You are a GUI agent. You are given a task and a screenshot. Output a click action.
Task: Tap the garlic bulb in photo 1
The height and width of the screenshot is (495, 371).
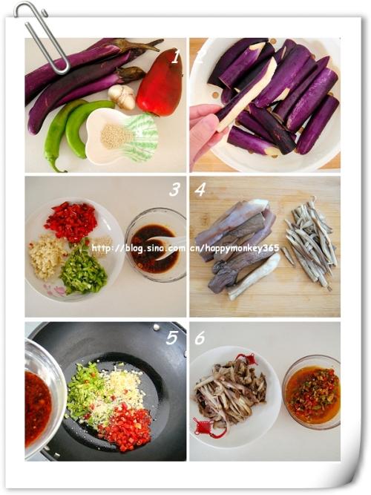(122, 96)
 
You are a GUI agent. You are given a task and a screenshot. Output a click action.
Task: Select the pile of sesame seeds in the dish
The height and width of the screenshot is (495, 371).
(116, 137)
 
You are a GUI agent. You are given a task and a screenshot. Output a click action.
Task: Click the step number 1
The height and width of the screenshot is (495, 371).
(176, 57)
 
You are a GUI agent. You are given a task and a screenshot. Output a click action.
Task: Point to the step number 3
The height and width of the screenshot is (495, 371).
(174, 190)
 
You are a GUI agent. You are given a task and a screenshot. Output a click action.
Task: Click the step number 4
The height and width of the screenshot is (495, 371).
(200, 189)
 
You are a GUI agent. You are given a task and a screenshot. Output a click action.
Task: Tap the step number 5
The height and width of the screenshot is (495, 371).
(172, 338)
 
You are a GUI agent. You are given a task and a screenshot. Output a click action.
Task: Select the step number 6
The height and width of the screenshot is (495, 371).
(200, 338)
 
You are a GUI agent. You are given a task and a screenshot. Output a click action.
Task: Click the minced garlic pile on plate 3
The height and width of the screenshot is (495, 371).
(46, 256)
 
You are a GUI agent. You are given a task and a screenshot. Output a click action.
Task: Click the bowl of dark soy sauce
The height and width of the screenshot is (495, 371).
(155, 245)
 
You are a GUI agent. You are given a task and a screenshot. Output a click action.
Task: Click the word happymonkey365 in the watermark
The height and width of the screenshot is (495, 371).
(242, 248)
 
